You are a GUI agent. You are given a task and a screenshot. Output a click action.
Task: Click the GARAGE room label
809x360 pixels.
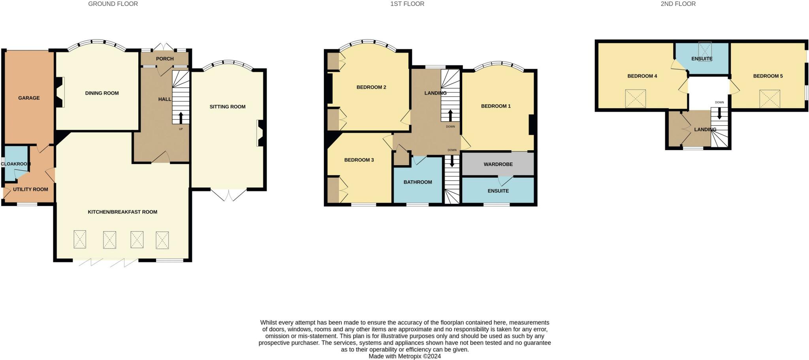[x=29, y=98]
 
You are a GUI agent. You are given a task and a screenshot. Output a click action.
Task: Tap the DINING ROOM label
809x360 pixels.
[x=102, y=93]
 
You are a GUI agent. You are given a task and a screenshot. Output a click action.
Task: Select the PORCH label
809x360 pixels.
[x=165, y=58]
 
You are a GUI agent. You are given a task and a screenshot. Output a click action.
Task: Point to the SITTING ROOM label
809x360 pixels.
[x=228, y=107]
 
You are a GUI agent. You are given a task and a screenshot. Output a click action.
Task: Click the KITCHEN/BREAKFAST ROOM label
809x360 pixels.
[x=122, y=212]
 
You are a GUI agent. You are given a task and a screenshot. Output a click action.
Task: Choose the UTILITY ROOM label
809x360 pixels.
[x=30, y=189]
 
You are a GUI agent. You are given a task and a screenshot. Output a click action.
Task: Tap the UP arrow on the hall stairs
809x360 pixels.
[x=181, y=118]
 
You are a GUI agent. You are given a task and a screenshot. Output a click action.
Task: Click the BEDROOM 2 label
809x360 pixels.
[x=371, y=87]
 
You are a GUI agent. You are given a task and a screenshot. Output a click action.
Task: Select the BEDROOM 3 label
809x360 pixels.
[x=359, y=160]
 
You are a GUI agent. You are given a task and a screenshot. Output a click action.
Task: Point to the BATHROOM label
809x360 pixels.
[x=418, y=182]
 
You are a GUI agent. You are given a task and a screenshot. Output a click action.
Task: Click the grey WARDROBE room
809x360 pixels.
[x=498, y=164]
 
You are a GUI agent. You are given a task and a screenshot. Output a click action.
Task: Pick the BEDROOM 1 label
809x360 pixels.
[x=496, y=106]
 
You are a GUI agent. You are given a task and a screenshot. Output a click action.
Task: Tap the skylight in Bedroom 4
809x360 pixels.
[x=635, y=99]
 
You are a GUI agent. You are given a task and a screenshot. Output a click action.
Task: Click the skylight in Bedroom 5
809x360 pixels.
[x=769, y=99]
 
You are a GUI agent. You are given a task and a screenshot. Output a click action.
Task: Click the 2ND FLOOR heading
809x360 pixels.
[x=678, y=4]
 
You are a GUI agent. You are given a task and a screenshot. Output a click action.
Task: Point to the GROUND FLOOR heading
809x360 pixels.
[x=113, y=4]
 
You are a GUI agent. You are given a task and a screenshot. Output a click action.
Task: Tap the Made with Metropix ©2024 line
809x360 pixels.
[x=404, y=356]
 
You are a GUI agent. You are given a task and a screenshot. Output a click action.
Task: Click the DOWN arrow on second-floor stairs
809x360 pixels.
[x=719, y=113]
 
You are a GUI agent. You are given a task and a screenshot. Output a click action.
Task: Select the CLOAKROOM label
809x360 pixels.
[x=16, y=164]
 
